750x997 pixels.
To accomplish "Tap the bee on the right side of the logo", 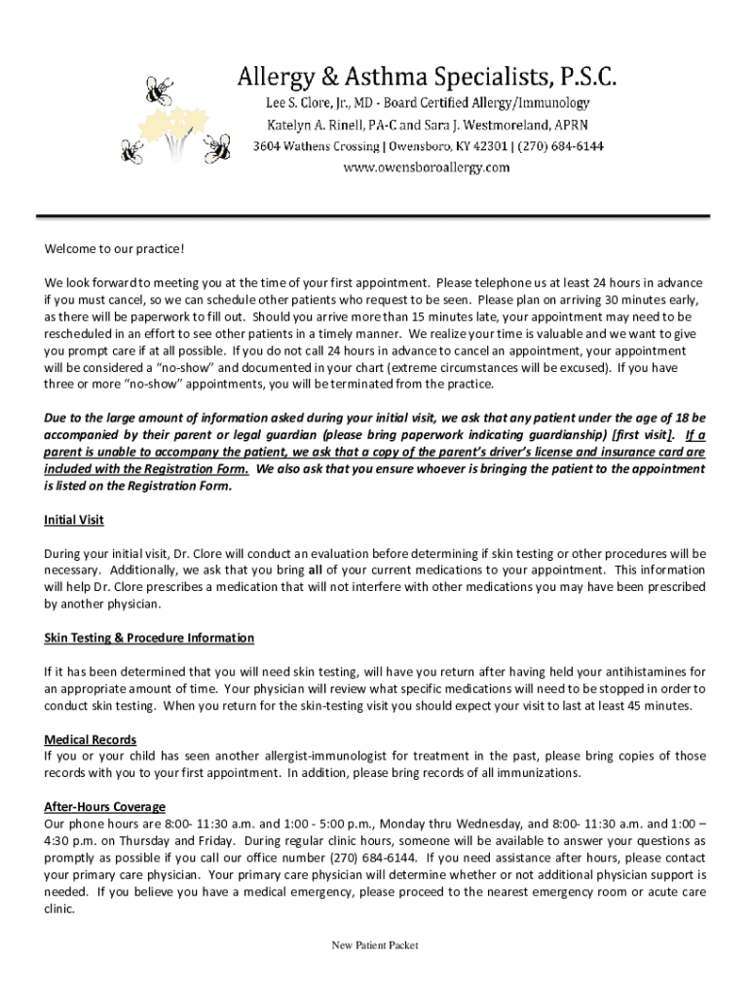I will tap(216, 148).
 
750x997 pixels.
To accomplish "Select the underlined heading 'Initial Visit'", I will tap(74, 520).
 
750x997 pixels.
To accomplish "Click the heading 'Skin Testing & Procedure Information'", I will tap(149, 638).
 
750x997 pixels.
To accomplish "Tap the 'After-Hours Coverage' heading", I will tap(105, 807).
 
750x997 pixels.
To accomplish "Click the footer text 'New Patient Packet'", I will tap(374, 945).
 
